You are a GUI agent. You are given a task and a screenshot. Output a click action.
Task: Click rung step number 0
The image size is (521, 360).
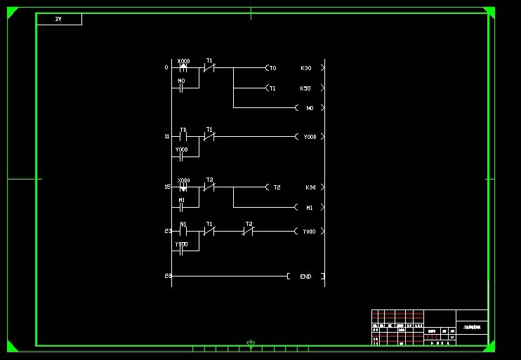pos(166,67)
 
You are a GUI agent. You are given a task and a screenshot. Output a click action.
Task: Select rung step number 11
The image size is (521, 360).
pos(167,136)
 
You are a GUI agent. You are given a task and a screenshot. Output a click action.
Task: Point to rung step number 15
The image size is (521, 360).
pos(167,187)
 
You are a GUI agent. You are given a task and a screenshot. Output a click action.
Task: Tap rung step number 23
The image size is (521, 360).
pos(168,231)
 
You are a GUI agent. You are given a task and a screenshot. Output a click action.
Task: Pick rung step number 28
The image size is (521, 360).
pos(168,276)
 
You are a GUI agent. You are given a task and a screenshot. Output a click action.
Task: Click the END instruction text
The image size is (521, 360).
pos(305,276)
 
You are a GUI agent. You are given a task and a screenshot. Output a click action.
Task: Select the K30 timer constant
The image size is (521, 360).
pos(305,68)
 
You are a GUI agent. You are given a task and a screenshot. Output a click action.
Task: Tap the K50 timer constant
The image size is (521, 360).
pos(305,88)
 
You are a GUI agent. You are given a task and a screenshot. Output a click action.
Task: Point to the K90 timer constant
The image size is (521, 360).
pos(310,187)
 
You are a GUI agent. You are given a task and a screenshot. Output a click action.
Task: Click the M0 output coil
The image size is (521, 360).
pos(310,108)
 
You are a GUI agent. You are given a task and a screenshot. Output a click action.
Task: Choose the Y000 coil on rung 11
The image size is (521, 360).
pos(310,137)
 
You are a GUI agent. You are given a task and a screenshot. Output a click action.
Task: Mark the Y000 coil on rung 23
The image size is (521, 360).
pos(309,231)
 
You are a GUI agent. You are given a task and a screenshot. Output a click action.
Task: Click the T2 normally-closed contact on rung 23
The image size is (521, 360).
pos(248,230)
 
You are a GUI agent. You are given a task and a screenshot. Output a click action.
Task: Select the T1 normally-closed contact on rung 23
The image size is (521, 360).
pos(209,230)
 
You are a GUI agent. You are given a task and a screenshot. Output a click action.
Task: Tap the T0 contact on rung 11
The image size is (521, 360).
pos(183,136)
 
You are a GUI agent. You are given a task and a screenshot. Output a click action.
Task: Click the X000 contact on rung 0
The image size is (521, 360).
pos(183,67)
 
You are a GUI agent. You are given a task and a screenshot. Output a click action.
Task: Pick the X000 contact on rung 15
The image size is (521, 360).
pos(183,187)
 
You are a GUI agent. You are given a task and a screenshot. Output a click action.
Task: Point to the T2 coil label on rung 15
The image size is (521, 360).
pos(277,187)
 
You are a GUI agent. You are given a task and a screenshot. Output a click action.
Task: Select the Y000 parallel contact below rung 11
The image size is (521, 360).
pos(182,156)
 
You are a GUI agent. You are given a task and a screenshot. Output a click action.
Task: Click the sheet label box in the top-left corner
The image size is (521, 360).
pos(59,20)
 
